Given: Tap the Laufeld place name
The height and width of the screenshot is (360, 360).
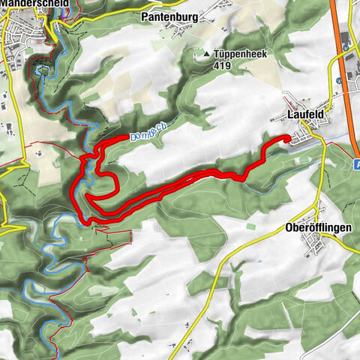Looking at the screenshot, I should pyautogui.click(x=304, y=114).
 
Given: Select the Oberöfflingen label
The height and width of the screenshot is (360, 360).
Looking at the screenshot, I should pyautogui.click(x=319, y=227).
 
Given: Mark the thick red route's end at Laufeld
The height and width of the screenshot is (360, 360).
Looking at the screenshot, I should pyautogui.click(x=287, y=138).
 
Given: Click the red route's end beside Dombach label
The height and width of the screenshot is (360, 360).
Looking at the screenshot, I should pyautogui.click(x=126, y=138).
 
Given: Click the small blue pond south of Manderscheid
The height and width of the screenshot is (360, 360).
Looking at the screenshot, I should pyautogui.click(x=40, y=71).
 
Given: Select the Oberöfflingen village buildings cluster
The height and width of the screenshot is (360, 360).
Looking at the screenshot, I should pyautogui.click(x=310, y=244).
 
